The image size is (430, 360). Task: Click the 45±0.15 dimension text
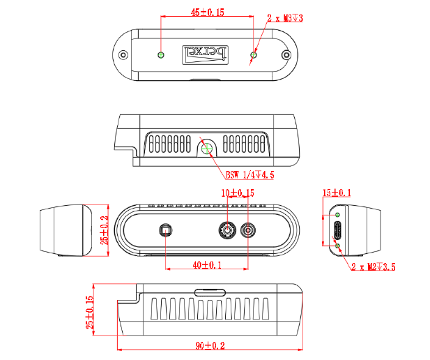(x=208, y=13)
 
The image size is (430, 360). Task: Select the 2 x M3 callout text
(x=287, y=17)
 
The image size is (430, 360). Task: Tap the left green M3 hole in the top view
(x=162, y=54)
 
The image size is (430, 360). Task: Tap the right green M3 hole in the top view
(x=254, y=54)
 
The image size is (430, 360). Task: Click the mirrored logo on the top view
(x=206, y=54)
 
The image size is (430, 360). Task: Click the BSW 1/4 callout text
(x=249, y=175)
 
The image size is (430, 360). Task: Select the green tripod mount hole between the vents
(x=207, y=147)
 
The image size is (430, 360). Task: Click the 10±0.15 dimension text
(x=238, y=193)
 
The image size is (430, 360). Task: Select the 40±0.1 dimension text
(x=206, y=265)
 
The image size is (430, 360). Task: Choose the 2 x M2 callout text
(x=374, y=267)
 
